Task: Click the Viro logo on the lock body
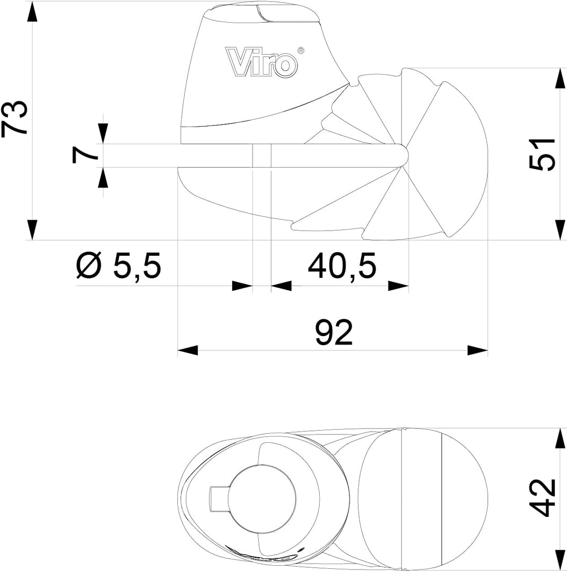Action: pyautogui.click(x=261, y=63)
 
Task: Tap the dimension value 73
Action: pyautogui.click(x=15, y=118)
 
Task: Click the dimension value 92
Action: pyautogui.click(x=334, y=332)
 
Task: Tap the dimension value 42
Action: pyautogui.click(x=542, y=497)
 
